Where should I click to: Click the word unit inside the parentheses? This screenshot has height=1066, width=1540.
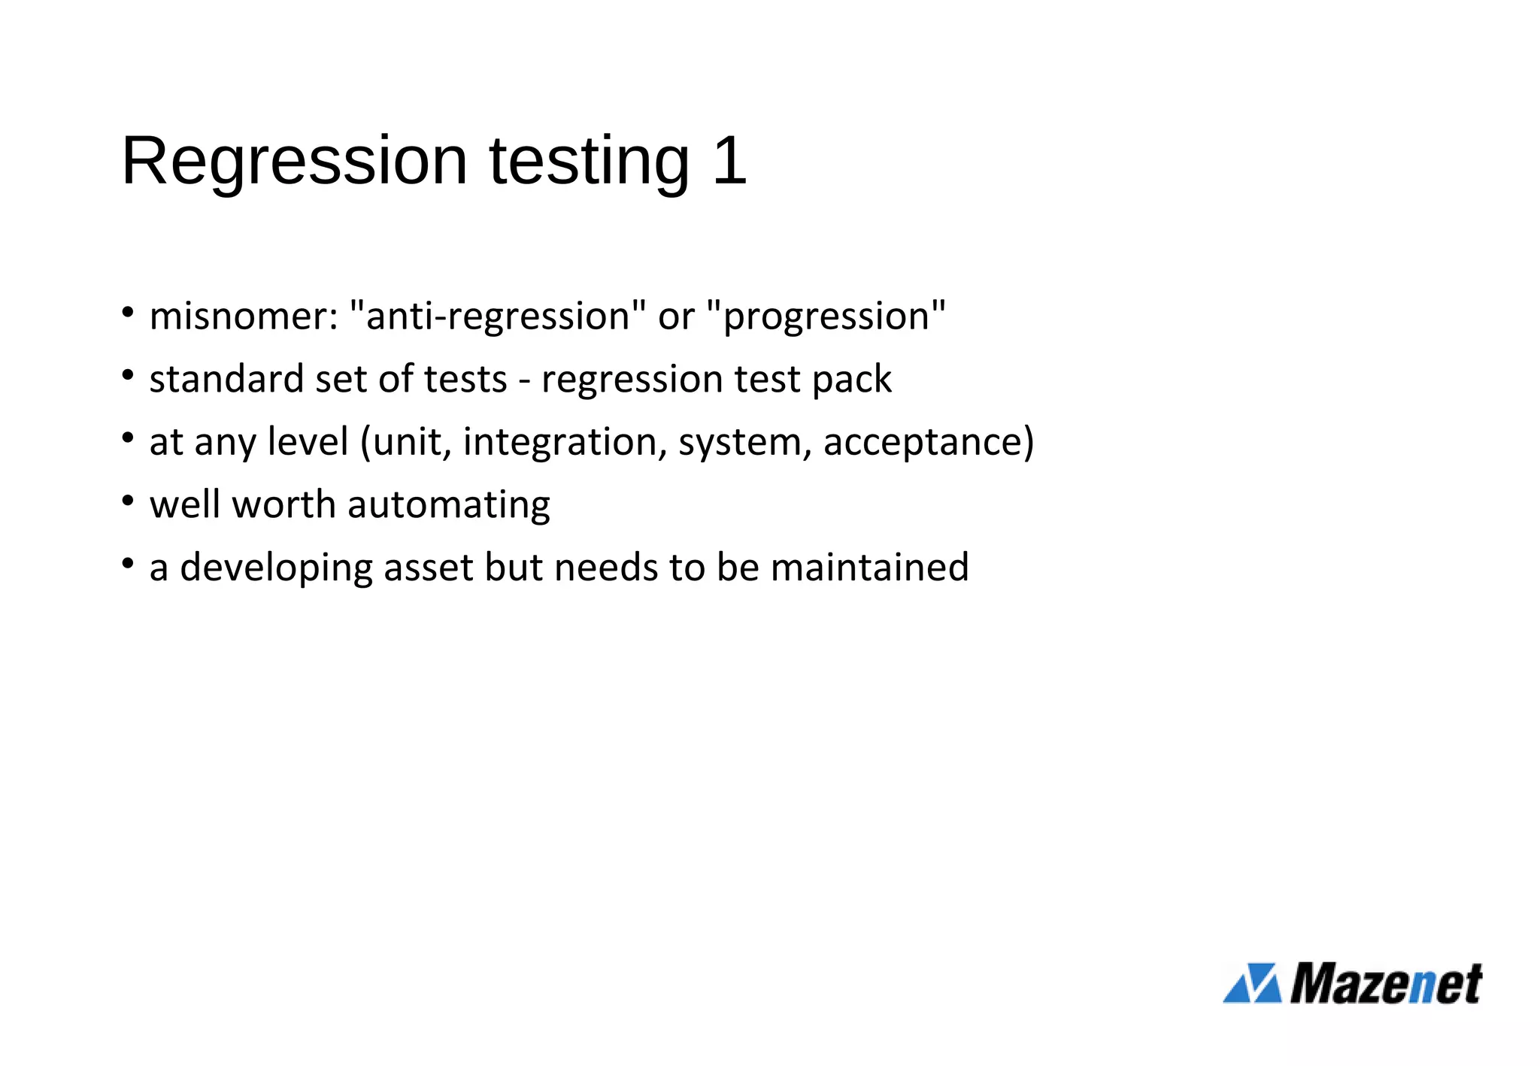[x=411, y=442]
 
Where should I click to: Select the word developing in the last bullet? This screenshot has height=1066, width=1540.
[x=276, y=568]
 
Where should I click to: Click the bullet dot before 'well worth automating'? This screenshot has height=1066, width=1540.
[x=128, y=500]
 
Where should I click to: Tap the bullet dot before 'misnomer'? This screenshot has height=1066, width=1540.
[x=128, y=311]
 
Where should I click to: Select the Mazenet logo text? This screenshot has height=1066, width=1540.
[x=1386, y=983]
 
